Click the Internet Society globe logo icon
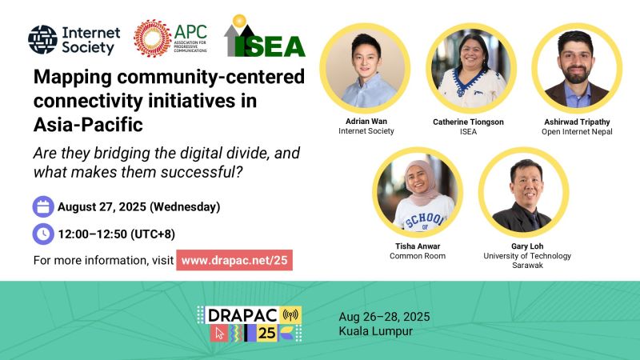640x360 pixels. (x=43, y=39)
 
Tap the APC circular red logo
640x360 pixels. (x=152, y=38)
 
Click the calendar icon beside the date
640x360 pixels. (x=43, y=206)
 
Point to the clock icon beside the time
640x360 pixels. (x=43, y=234)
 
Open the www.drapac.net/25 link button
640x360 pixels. (x=234, y=260)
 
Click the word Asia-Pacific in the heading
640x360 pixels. (x=88, y=125)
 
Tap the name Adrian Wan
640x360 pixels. (x=366, y=122)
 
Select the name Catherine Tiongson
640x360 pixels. (x=468, y=122)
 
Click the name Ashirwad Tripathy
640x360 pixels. (x=577, y=122)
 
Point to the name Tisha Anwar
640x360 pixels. (x=418, y=246)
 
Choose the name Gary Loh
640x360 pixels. (x=527, y=246)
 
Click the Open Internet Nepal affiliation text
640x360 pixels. (x=577, y=131)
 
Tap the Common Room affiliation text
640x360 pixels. (x=418, y=256)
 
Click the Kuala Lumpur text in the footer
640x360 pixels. (x=375, y=331)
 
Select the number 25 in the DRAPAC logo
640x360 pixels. (x=266, y=333)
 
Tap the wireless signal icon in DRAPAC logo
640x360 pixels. (x=290, y=314)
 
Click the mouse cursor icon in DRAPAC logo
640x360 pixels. (x=219, y=333)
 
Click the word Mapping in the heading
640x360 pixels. (x=73, y=78)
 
